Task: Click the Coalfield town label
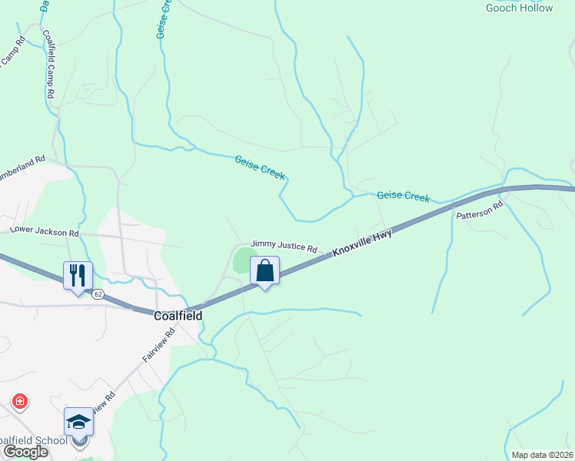click(178, 316)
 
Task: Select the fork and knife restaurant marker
click(78, 276)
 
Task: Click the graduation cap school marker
click(78, 423)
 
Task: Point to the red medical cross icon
click(20, 401)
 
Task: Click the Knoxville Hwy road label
click(361, 243)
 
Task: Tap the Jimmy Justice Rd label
click(284, 248)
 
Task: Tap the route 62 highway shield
click(98, 294)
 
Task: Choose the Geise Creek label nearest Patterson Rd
click(403, 197)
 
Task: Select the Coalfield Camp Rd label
click(48, 63)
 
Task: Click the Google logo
click(25, 452)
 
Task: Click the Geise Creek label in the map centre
click(260, 167)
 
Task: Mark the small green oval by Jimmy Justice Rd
click(244, 259)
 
